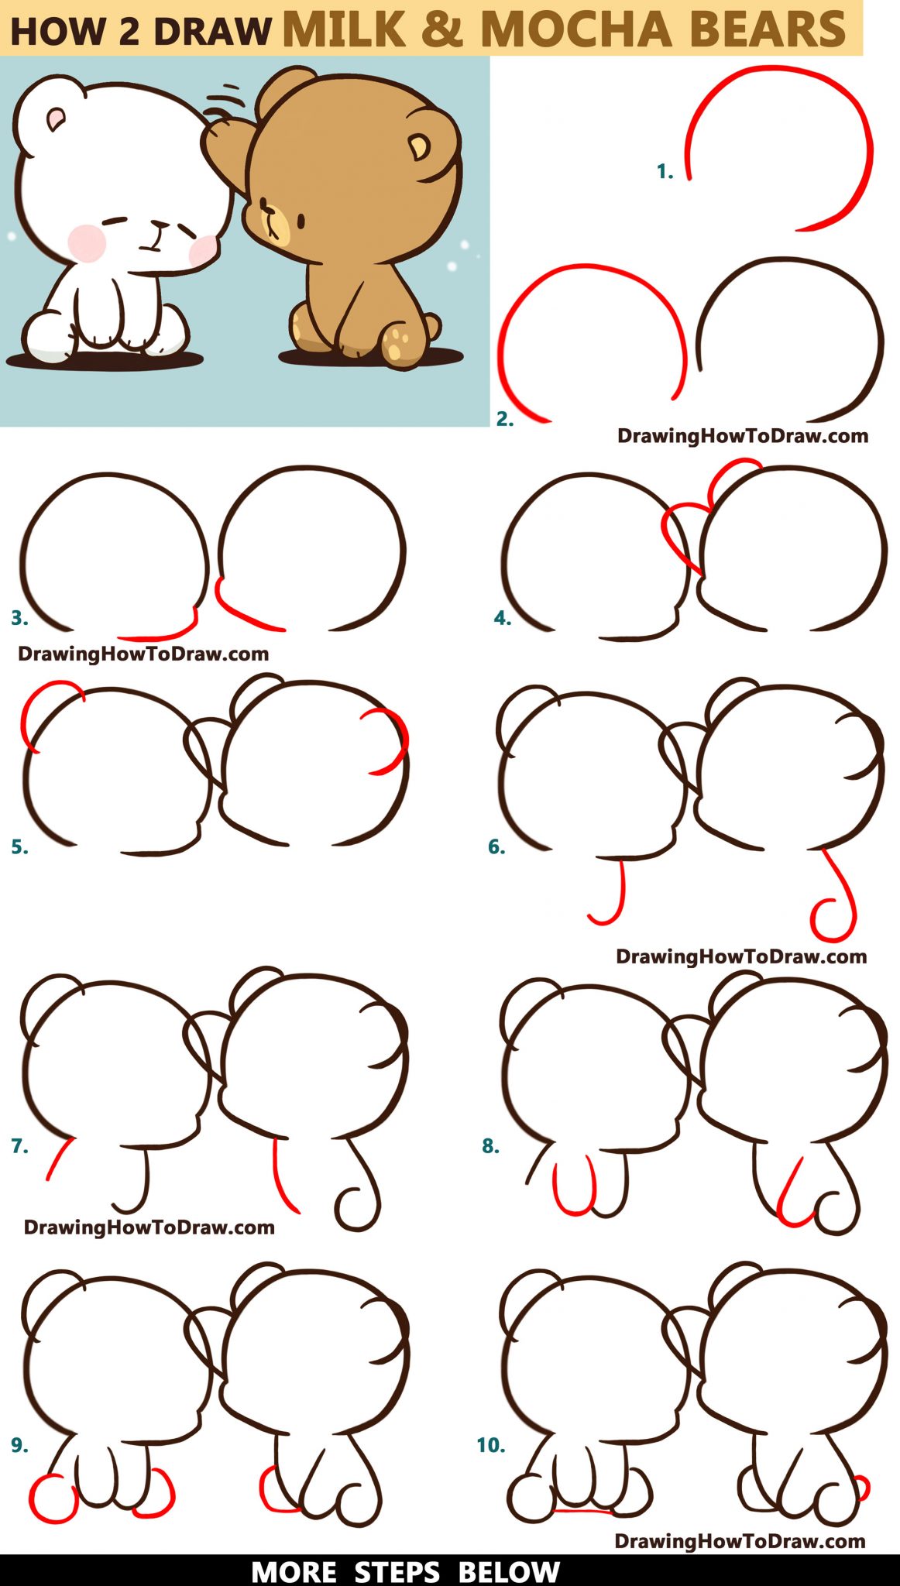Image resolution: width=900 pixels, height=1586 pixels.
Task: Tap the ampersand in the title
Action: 441,29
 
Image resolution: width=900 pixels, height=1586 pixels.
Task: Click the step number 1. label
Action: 665,172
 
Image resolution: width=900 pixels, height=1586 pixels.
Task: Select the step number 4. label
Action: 502,618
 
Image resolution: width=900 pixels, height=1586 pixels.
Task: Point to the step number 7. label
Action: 19,1145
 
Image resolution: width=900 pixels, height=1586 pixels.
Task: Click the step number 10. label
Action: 490,1445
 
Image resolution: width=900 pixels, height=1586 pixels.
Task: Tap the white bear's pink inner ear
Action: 56,118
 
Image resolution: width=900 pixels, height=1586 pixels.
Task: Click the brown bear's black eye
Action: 301,221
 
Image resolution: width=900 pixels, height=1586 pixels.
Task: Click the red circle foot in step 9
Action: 53,1498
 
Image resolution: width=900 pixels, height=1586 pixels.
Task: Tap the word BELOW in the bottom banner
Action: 508,1572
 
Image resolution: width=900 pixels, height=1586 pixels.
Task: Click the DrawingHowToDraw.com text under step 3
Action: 143,654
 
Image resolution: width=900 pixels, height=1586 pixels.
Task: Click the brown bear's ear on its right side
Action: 420,146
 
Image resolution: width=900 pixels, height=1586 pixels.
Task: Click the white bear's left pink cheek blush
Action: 87,242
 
